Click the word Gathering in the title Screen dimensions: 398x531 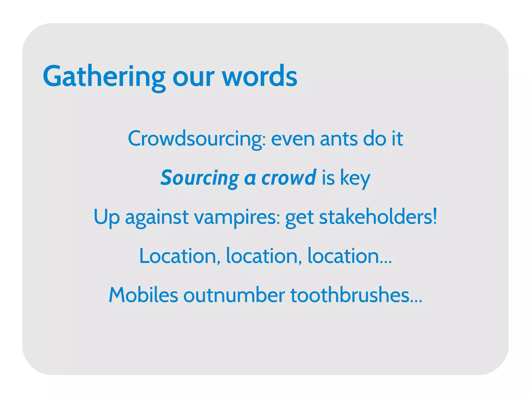click(x=104, y=76)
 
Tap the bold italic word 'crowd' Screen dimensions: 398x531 click(x=289, y=178)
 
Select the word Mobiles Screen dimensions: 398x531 click(x=143, y=295)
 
